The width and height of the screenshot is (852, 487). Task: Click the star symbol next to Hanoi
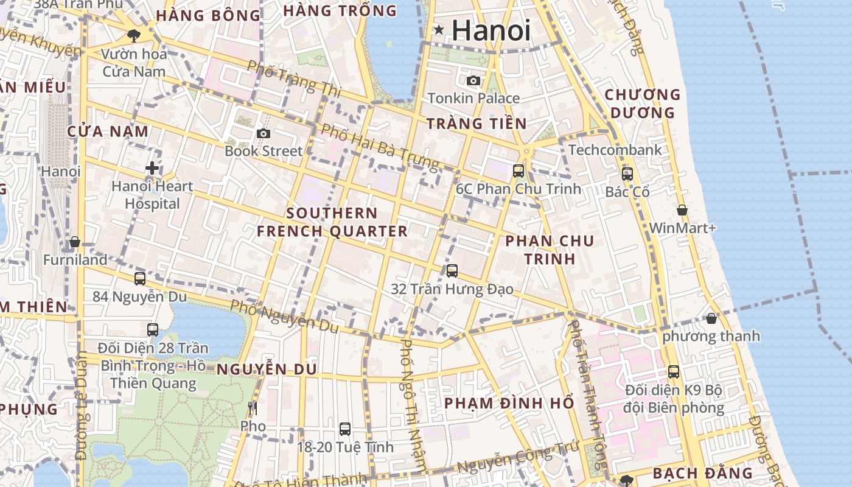click(x=438, y=30)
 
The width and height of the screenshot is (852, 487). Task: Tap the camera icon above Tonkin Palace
click(x=473, y=80)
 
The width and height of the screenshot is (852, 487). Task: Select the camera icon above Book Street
click(x=263, y=133)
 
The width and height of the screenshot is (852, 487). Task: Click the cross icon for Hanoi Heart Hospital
click(x=152, y=168)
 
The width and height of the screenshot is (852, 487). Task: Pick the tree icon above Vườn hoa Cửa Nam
click(x=134, y=36)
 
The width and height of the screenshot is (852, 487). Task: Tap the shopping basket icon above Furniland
click(x=75, y=242)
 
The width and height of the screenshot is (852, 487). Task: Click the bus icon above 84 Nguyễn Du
click(x=140, y=279)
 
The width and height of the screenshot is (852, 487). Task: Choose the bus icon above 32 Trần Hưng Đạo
click(x=452, y=271)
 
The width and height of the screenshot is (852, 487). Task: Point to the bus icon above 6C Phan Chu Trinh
click(x=519, y=170)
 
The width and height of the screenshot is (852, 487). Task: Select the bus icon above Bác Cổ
click(x=627, y=173)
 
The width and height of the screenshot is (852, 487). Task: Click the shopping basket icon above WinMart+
click(x=682, y=210)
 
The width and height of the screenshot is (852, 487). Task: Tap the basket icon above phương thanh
click(x=711, y=318)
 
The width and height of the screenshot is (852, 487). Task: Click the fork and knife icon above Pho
click(x=253, y=408)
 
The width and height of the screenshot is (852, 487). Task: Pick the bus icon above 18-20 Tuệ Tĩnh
click(x=345, y=429)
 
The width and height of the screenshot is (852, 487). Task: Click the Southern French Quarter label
click(x=332, y=222)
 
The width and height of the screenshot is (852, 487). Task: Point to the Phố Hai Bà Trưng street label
click(x=380, y=147)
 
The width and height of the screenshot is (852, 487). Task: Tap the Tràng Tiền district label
click(x=476, y=124)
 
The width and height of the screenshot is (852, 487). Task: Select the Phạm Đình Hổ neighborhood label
click(x=509, y=403)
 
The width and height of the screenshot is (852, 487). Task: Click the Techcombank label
click(x=615, y=150)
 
